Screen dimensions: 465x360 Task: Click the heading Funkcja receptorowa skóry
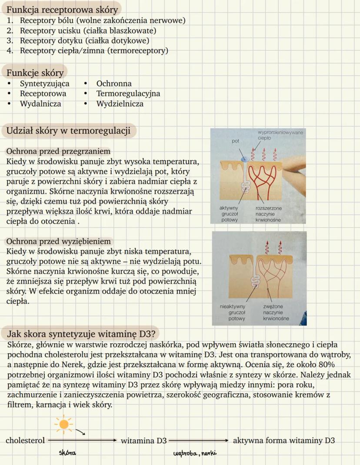click(x=62, y=10)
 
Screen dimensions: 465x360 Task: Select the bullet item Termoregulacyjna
click(x=128, y=93)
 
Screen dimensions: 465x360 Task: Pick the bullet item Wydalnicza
click(x=40, y=104)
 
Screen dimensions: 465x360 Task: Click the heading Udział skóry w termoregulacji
click(x=68, y=131)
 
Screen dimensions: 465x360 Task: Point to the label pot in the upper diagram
click(x=236, y=141)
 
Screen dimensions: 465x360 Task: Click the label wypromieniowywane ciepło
click(x=280, y=134)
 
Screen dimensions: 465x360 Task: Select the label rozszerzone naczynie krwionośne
click(x=268, y=214)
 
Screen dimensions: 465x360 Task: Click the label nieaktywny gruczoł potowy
click(x=233, y=312)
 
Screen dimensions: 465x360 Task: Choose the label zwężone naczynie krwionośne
click(x=276, y=312)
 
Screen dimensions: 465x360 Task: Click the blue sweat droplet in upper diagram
click(x=244, y=159)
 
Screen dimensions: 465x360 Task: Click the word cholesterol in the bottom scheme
click(x=25, y=440)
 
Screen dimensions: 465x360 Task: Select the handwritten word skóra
click(x=67, y=453)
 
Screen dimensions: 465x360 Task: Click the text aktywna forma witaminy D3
click(x=283, y=440)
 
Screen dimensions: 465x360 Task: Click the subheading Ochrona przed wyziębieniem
click(x=58, y=241)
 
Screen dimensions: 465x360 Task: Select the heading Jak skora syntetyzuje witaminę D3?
click(x=83, y=334)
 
